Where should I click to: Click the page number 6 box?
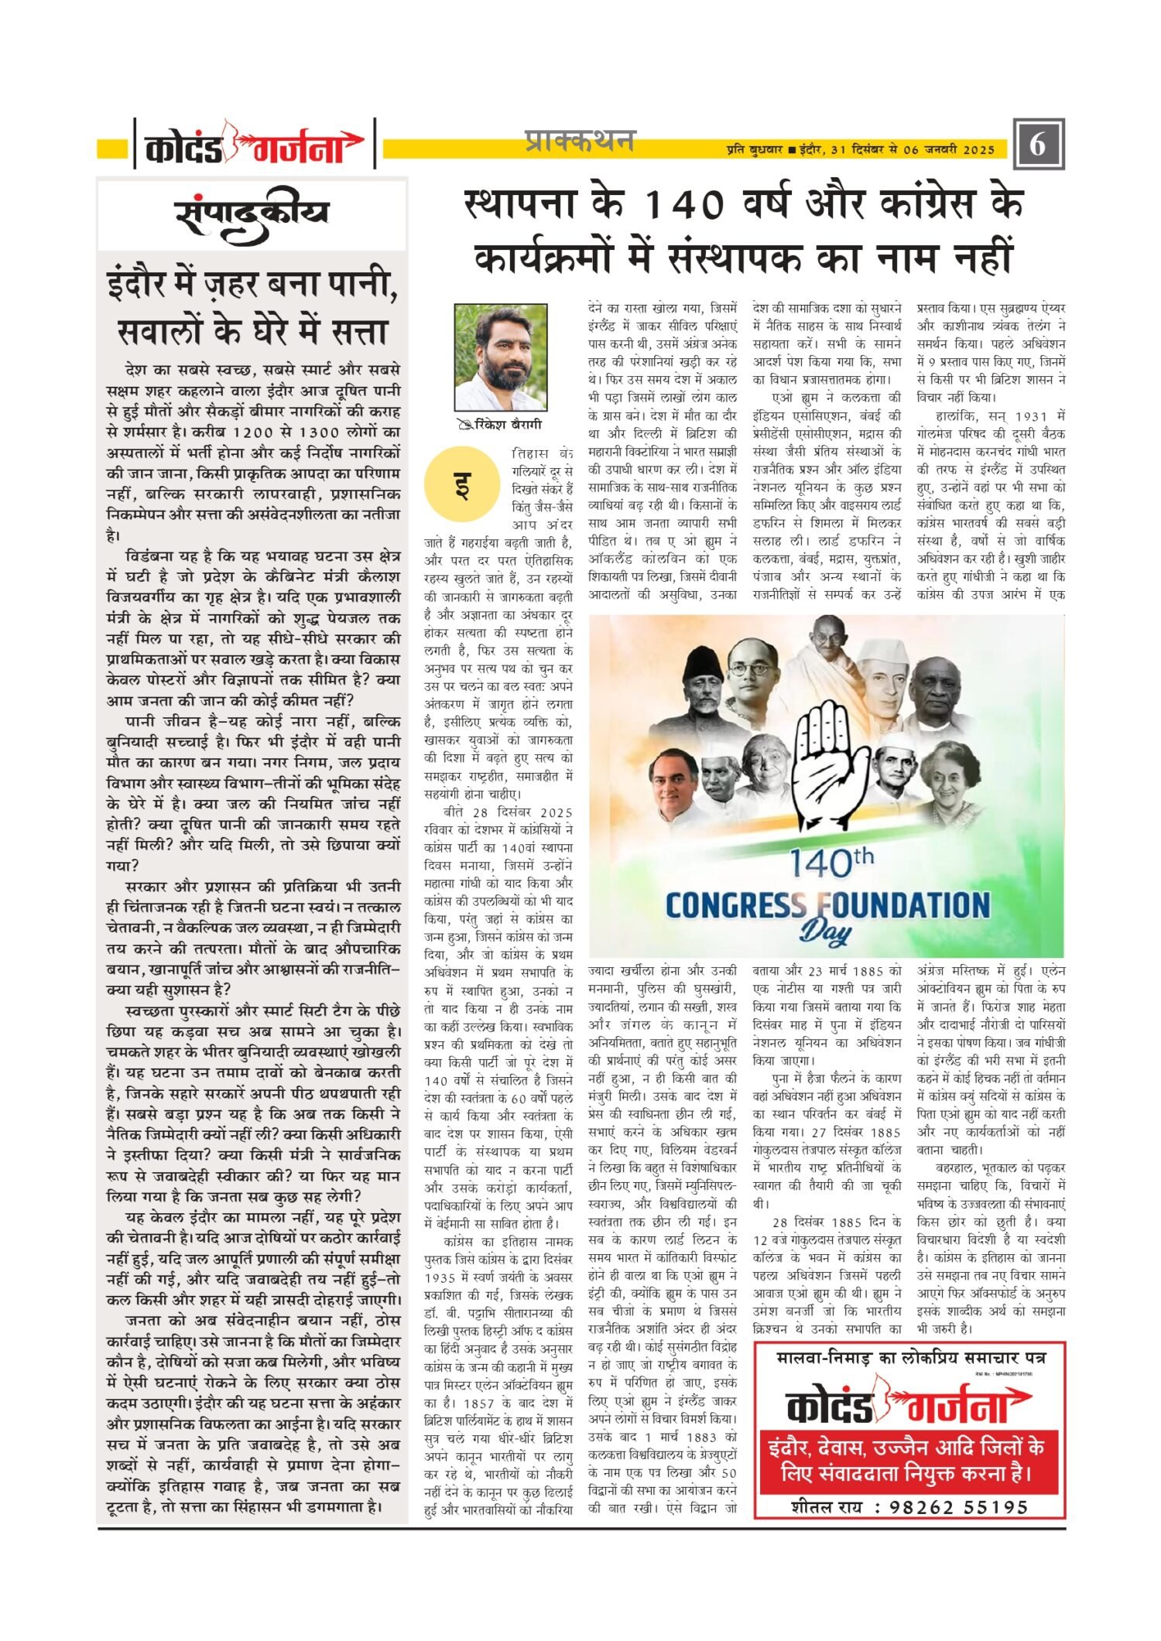pos(1038,144)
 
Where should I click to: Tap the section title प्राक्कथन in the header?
pos(579,141)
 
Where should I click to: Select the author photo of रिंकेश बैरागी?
pos(500,357)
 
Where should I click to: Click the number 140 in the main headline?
pos(683,205)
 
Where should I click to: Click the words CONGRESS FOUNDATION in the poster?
pos(827,905)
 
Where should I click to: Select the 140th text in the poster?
pos(831,862)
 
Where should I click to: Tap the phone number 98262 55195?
pos(958,1506)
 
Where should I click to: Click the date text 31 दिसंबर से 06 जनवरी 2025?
pos(912,150)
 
